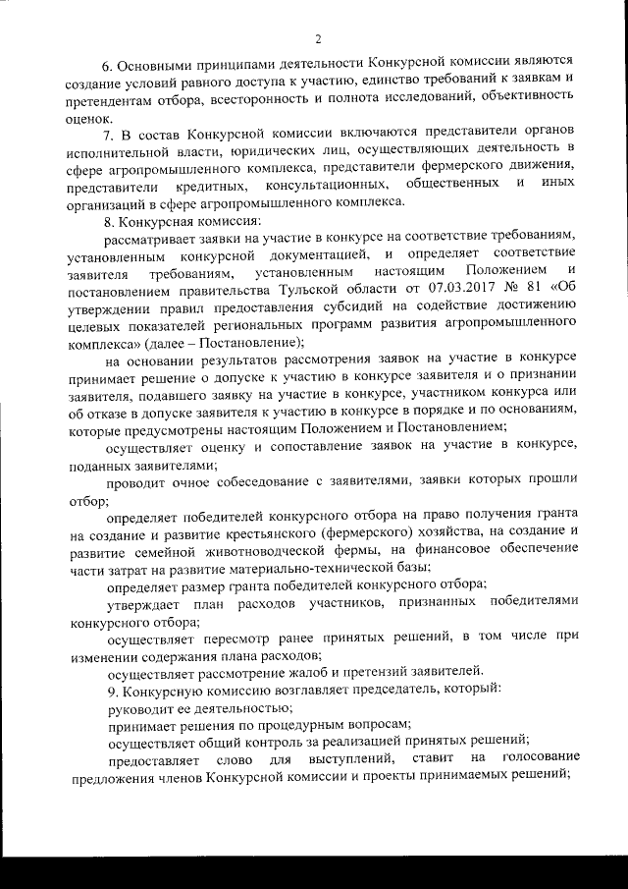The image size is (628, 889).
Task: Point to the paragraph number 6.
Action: [109, 66]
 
